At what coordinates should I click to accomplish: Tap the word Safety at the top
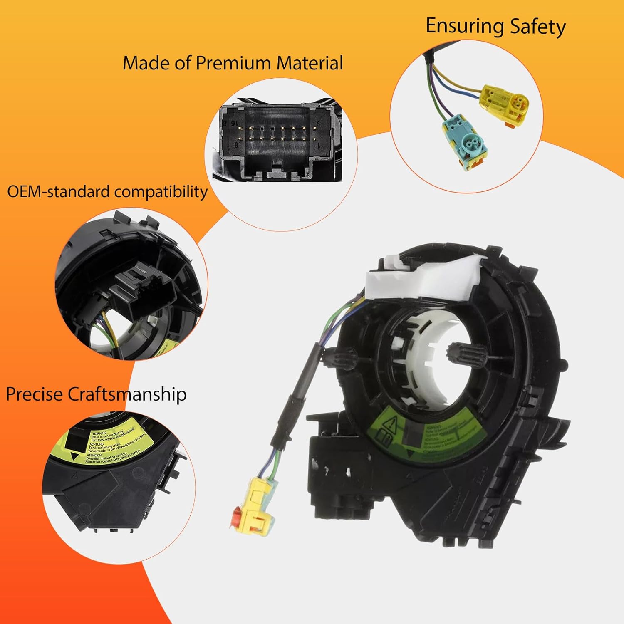tap(538, 27)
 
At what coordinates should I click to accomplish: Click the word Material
tap(310, 63)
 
